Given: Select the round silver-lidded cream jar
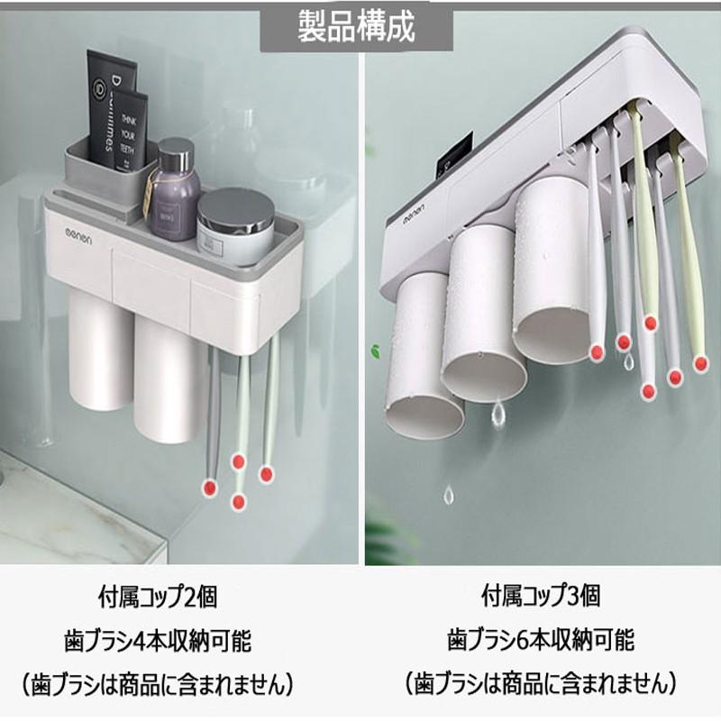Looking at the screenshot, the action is point(234,225).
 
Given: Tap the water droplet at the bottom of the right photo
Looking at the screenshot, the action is point(449,494).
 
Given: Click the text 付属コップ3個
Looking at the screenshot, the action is point(541,597).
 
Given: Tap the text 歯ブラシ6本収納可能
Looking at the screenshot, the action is point(541,642).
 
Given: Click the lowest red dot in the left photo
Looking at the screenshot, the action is point(239,500).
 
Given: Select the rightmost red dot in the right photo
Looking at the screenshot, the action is point(700,363).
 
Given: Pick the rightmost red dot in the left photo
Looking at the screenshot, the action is point(266,472).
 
